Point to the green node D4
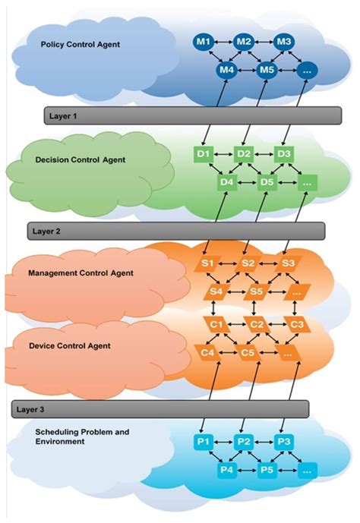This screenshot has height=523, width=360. click(225, 182)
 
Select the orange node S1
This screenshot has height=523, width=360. click(207, 263)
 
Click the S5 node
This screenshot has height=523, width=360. click(256, 291)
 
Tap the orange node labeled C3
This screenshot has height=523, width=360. click(298, 325)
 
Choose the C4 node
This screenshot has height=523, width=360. click(206, 352)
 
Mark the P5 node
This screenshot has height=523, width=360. click(266, 471)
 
